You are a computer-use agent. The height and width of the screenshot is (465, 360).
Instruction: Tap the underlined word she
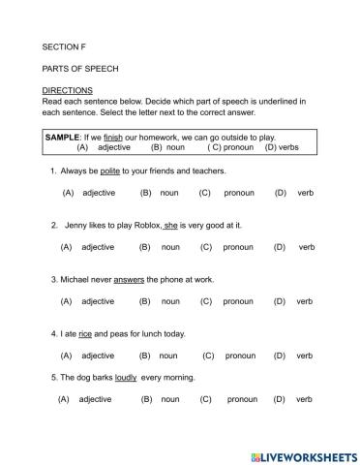[x=170, y=224]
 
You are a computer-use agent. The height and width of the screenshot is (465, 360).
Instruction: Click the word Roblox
[x=142, y=224]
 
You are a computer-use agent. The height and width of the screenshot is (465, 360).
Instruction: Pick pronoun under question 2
[x=238, y=247]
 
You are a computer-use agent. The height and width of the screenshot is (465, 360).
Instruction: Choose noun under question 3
[x=170, y=301]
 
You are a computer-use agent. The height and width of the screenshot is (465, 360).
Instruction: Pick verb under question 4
[x=305, y=356]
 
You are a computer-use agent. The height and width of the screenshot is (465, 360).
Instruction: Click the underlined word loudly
[x=126, y=377]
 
